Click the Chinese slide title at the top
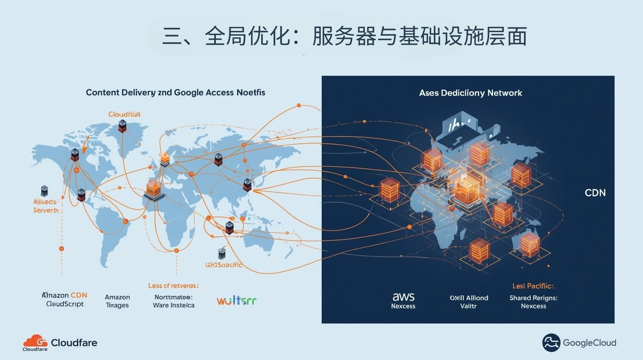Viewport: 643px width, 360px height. tap(344, 37)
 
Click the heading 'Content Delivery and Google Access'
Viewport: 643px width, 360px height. tap(175, 92)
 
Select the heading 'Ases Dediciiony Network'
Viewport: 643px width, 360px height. tap(470, 93)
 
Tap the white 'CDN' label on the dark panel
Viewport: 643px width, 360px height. tap(595, 193)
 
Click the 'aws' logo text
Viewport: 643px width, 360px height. tap(403, 297)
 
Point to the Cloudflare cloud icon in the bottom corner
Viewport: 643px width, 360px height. tap(35, 342)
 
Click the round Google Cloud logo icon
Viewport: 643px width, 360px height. tap(551, 343)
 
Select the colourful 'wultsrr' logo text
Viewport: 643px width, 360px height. tap(236, 301)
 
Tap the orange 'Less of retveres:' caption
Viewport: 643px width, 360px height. tap(173, 286)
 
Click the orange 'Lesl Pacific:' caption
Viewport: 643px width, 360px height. tap(533, 286)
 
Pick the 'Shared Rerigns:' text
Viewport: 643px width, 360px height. tap(533, 298)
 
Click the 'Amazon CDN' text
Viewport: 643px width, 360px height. tap(65, 295)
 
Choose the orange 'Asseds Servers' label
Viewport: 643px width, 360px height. tap(45, 206)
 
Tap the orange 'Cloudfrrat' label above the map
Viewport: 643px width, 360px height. tap(124, 114)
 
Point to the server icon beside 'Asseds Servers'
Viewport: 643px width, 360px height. tap(44, 191)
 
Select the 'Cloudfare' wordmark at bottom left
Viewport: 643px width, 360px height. tap(74, 343)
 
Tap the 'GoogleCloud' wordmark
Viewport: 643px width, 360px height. tap(589, 343)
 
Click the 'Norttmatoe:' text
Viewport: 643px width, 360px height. tap(173, 297)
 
